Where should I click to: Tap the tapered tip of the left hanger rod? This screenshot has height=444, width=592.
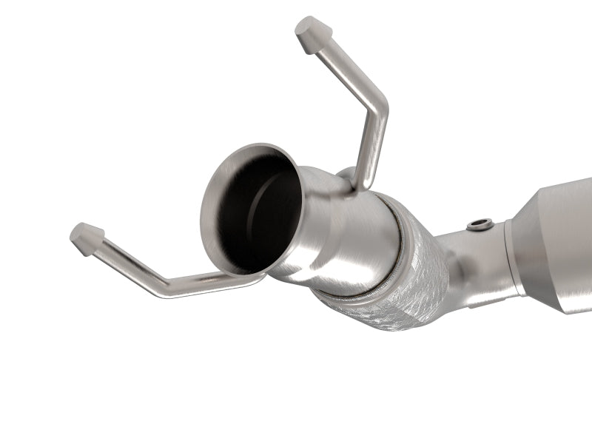click(87, 238)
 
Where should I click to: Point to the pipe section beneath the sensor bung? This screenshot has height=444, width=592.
click(474, 255)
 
